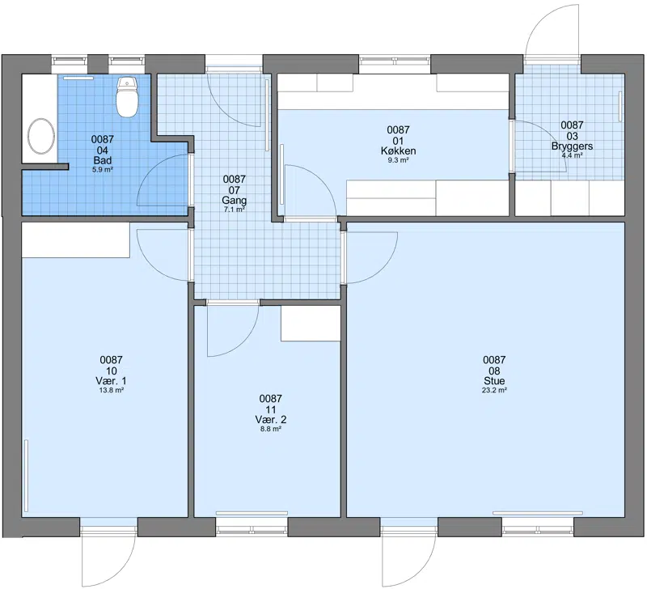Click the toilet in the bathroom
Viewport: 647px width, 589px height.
[127, 96]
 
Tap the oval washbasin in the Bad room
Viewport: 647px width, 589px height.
[41, 136]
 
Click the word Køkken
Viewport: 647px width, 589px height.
[398, 150]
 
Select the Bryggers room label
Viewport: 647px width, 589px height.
[572, 146]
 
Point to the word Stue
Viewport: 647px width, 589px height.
[494, 380]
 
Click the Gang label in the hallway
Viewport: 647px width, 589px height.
[234, 200]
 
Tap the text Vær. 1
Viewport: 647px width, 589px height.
[111, 380]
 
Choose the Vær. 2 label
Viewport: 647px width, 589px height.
[270, 419]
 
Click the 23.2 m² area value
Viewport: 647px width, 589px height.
[494, 390]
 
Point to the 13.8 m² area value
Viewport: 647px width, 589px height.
[112, 390]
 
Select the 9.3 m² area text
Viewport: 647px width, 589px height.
[398, 160]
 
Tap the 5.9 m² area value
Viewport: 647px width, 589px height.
[103, 169]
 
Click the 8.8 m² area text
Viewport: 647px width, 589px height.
[270, 429]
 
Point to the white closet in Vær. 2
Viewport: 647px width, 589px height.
[311, 323]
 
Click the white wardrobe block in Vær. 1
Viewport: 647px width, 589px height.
[76, 240]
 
